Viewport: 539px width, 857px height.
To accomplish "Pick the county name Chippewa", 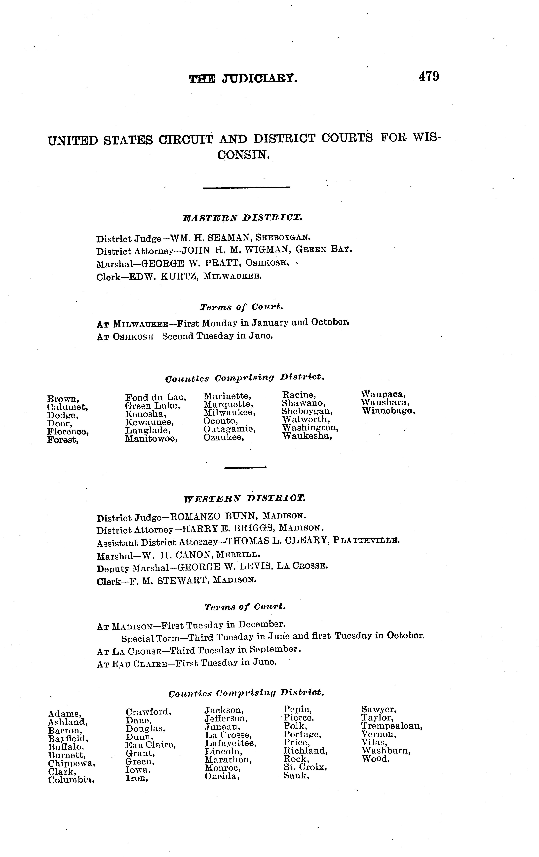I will [x=72, y=763].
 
